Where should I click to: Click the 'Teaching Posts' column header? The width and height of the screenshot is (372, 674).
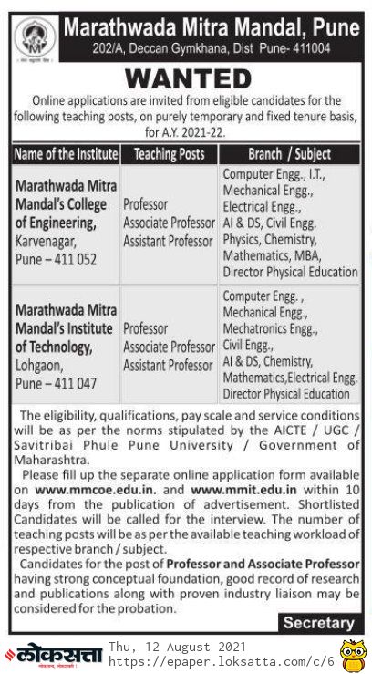pos(166,154)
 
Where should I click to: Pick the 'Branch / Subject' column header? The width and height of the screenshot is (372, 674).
pos(289,154)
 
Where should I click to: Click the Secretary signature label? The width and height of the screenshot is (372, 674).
pos(318,624)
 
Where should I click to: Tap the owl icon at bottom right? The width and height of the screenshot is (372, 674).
pos(352,654)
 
